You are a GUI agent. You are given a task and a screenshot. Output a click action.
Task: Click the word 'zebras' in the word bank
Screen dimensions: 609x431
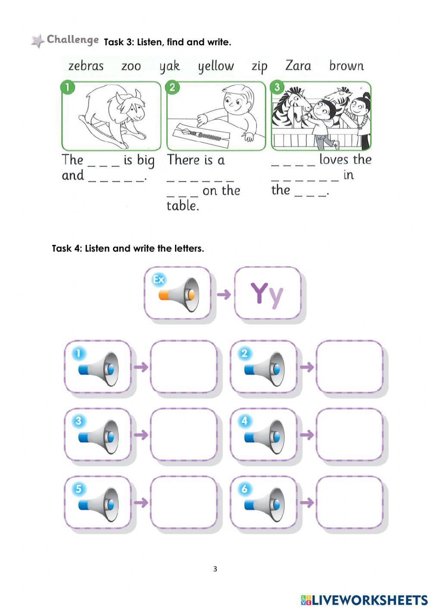tap(86, 66)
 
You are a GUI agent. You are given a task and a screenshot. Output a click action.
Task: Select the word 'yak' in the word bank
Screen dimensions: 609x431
tap(169, 66)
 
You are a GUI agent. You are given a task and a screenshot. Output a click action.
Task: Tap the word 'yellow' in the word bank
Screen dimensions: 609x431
tap(216, 66)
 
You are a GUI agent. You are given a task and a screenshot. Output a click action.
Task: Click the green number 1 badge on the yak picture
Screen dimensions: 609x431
tap(68, 87)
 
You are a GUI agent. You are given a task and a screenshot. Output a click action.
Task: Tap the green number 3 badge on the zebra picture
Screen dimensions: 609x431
tap(277, 87)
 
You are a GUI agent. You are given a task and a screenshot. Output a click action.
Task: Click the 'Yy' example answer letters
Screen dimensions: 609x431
tap(267, 294)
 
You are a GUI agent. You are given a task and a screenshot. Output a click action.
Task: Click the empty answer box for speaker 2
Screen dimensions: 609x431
tap(349, 367)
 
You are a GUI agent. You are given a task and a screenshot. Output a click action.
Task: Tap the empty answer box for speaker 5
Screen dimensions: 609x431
tap(184, 503)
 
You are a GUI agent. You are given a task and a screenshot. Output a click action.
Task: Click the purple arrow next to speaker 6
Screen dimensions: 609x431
tap(307, 503)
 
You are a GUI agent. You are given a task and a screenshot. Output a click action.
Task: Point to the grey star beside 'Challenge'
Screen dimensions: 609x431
tap(38, 41)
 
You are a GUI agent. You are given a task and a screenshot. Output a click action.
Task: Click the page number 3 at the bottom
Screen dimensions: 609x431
tap(215, 569)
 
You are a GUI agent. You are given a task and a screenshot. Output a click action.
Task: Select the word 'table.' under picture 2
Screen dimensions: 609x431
tap(183, 206)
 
